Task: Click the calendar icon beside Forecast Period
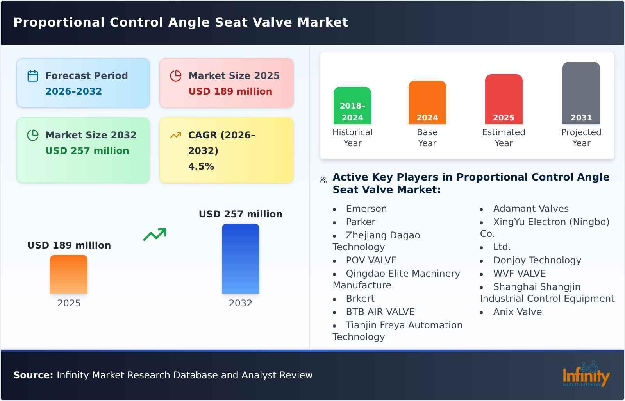click(33, 76)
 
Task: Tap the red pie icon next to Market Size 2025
click(176, 76)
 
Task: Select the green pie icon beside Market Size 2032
click(33, 135)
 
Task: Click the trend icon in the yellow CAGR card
click(176, 135)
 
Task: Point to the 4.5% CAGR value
click(201, 166)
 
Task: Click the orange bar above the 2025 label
click(69, 274)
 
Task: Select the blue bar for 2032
click(240, 259)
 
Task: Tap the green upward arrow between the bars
click(155, 235)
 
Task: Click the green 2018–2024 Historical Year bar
click(352, 106)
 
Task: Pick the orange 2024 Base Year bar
click(427, 102)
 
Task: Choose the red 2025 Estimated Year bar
click(504, 99)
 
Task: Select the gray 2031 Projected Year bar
click(581, 93)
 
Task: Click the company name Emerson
click(366, 209)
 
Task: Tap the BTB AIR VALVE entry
click(380, 312)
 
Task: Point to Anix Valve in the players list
click(517, 312)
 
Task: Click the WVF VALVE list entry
click(519, 274)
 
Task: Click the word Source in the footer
click(33, 375)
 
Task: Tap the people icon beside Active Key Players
click(323, 180)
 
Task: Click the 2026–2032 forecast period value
click(73, 91)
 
